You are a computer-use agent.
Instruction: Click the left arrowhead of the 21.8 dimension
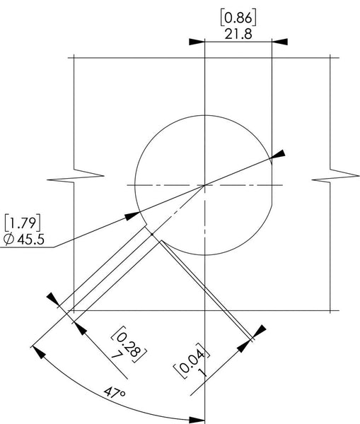pos(197,41)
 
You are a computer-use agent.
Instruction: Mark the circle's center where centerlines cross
pos(204,185)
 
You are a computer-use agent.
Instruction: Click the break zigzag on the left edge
pos(88,175)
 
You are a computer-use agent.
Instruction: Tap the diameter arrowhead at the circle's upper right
pos(279,154)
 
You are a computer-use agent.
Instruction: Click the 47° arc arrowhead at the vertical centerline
pos(198,418)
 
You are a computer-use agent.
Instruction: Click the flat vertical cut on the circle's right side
pos(272,185)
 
